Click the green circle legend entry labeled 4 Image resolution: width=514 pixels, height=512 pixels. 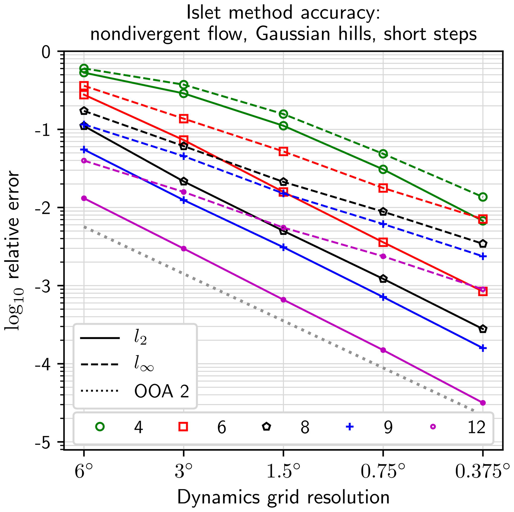pyautogui.click(x=100, y=427)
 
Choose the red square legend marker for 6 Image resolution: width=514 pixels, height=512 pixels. pyautogui.click(x=183, y=427)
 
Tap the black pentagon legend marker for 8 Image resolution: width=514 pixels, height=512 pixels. pyautogui.click(x=267, y=427)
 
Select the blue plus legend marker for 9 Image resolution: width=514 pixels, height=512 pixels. pyautogui.click(x=350, y=427)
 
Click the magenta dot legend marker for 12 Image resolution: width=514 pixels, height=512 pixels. pyautogui.click(x=433, y=427)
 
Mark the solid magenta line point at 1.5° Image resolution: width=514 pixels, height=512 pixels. pyautogui.click(x=283, y=300)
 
